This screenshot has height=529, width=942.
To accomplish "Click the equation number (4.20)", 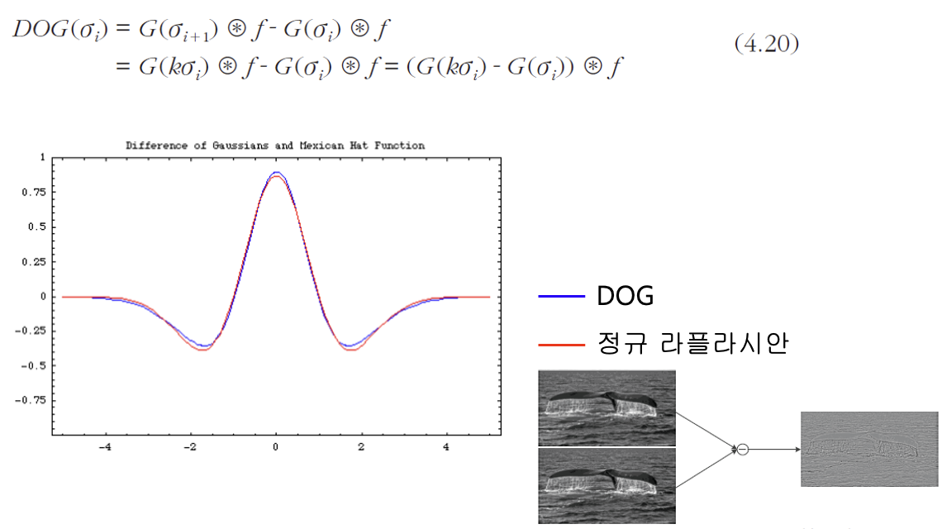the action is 767,43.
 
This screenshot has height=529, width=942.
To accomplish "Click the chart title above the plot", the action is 275,145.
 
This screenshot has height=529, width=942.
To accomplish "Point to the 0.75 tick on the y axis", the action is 34,192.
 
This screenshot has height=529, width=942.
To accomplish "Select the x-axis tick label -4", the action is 105,446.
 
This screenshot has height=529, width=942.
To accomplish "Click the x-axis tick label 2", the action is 360,446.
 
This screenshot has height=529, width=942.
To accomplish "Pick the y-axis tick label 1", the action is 43,157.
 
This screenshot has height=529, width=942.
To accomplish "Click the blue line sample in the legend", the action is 561,297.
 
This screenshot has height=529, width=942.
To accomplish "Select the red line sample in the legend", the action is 561,345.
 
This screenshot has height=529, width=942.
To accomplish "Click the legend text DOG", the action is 625,296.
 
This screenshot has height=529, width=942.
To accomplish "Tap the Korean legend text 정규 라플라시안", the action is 692,343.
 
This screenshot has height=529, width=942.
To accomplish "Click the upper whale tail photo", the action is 607,408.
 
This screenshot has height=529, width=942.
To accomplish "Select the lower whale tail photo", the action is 607,486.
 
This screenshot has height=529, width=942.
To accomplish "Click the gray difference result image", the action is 869,449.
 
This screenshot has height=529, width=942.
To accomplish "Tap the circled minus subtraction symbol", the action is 743,449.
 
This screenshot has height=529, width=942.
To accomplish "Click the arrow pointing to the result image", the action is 774,449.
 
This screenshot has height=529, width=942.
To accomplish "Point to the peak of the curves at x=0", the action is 276,174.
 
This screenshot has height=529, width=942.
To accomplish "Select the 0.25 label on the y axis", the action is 34,261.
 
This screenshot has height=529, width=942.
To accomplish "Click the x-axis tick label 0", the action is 276,446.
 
